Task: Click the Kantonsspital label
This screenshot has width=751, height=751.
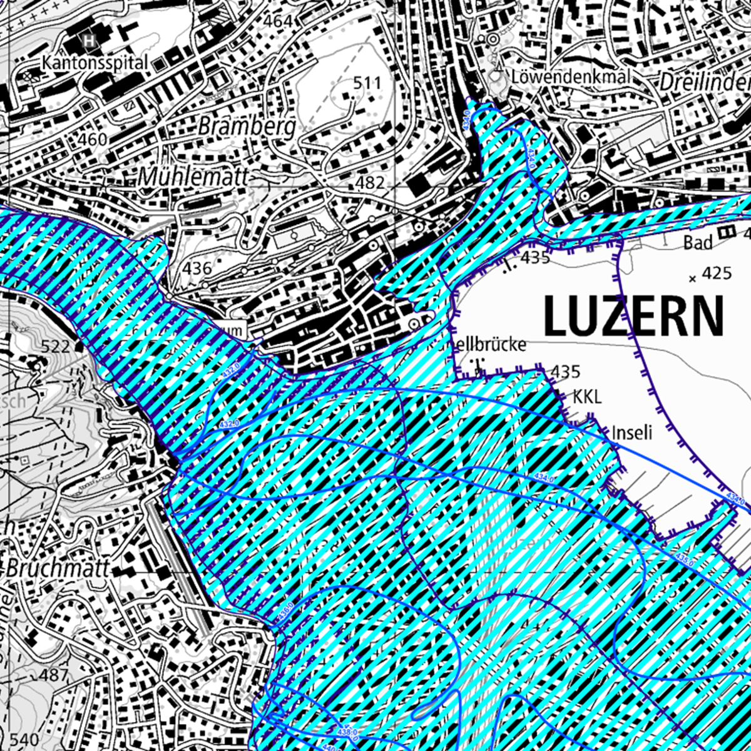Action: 95,63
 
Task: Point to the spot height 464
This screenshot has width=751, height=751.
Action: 278,21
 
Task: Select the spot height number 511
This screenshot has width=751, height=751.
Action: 367,82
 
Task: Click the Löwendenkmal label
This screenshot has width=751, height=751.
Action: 569,77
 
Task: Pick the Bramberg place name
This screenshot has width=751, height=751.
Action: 247,127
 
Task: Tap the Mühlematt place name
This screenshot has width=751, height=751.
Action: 193,178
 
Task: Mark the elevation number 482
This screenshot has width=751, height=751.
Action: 369,183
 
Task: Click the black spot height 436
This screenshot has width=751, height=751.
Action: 197,268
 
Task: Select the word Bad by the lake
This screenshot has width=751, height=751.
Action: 698,242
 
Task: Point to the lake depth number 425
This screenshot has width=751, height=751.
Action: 717,273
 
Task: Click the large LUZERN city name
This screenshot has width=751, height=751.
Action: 633,315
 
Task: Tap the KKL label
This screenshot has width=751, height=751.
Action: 587,397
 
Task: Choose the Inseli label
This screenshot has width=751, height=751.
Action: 632,432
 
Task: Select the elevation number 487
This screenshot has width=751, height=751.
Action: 53,675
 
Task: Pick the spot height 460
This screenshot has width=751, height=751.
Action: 94,139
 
